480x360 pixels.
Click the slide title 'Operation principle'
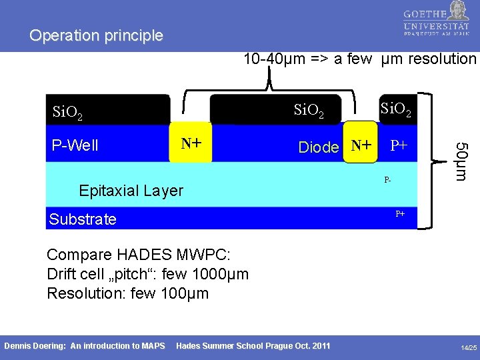[x=96, y=36]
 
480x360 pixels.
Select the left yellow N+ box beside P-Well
[x=192, y=142]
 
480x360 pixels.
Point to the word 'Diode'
[x=319, y=147]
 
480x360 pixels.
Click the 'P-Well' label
[x=75, y=145]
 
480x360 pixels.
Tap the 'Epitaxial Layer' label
[x=131, y=191]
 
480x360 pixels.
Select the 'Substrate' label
[x=83, y=219]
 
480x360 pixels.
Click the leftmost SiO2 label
[x=68, y=112]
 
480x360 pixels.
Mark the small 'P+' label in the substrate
[x=400, y=214]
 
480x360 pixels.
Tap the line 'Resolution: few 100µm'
[x=127, y=293]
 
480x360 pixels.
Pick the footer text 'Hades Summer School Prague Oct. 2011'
[x=253, y=345]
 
